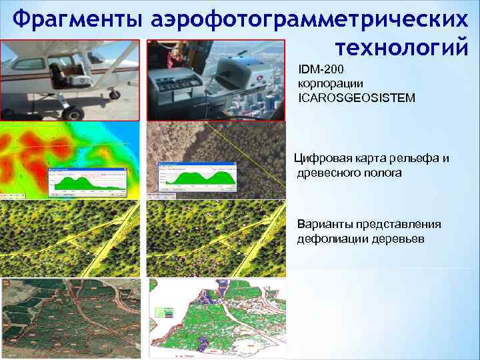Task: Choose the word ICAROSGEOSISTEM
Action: (x=357, y=98)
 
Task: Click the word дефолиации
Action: (x=329, y=239)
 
